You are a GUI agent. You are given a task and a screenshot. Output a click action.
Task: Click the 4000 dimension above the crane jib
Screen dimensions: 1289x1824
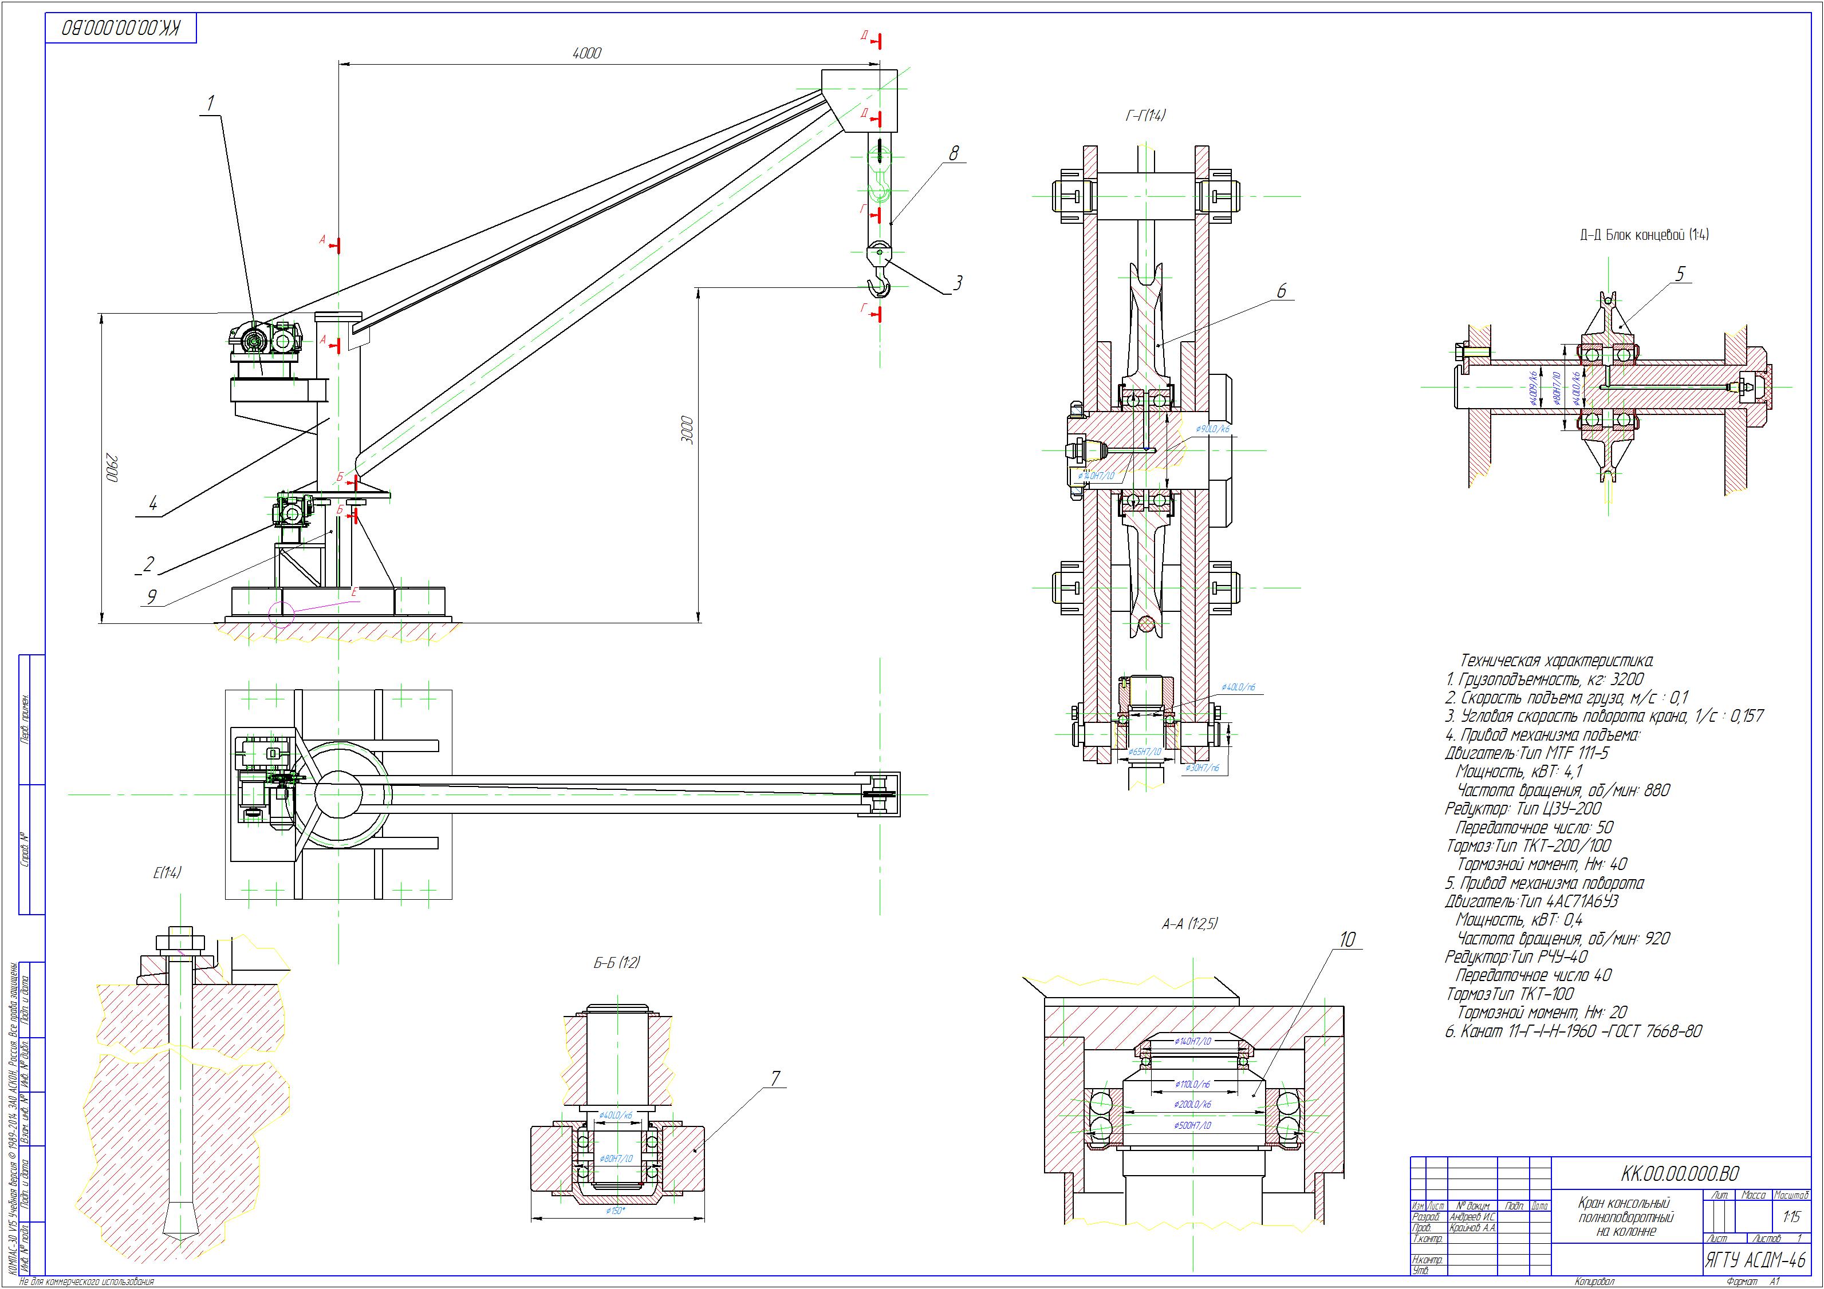coord(587,53)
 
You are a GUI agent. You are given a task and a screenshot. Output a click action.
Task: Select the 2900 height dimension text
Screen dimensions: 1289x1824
coord(113,467)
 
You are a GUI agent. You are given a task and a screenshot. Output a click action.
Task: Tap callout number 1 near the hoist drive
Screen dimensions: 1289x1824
coord(211,103)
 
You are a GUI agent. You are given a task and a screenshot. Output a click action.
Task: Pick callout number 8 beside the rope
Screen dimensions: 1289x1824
coord(954,152)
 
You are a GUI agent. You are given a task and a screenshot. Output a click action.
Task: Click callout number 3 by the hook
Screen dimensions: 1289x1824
coord(959,282)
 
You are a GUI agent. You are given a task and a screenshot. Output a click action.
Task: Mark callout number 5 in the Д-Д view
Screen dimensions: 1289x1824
coord(1680,274)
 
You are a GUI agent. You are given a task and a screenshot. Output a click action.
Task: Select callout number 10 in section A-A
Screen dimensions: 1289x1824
coord(1348,939)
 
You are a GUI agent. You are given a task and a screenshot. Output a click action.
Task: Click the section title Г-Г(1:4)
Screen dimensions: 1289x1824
coord(1145,116)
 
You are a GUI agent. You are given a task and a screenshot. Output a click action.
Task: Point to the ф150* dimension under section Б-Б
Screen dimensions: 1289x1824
coord(616,1211)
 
